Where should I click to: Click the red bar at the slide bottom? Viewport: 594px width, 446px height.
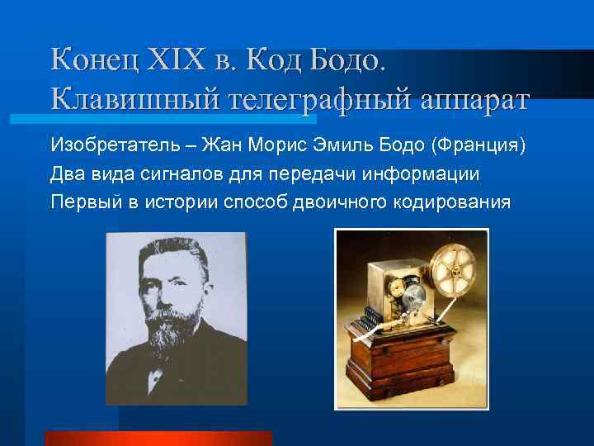coord(158,439)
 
